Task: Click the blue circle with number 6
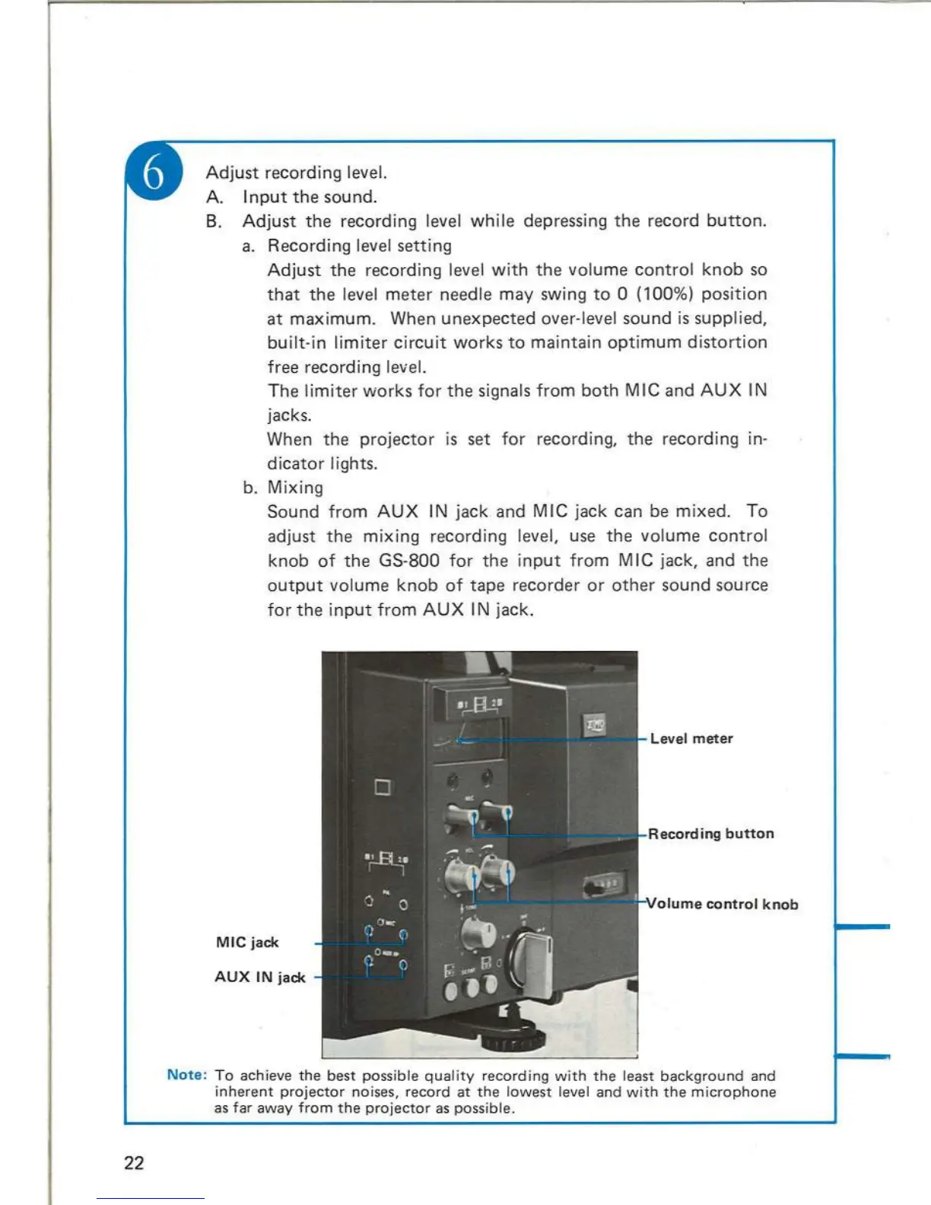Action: pos(154,172)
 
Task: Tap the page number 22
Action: pos(134,1162)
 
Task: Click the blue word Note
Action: pos(187,1075)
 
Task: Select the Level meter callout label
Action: pos(691,739)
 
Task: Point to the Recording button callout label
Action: pos(711,834)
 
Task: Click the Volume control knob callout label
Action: pos(723,904)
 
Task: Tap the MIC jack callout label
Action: pos(247,943)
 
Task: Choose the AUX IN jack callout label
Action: pos(259,978)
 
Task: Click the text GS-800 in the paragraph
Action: pos(409,561)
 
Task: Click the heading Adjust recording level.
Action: pos(296,173)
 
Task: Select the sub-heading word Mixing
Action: pos(295,488)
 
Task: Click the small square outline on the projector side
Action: pos(383,787)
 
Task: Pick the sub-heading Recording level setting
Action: pos(359,246)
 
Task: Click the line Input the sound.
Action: pos(310,197)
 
